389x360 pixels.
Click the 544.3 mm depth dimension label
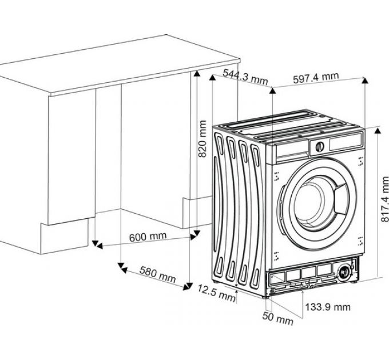245,77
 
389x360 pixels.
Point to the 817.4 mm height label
384,200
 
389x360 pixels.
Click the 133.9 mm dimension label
327,307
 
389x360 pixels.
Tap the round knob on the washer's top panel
319,146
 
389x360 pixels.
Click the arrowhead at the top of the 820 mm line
196,74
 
